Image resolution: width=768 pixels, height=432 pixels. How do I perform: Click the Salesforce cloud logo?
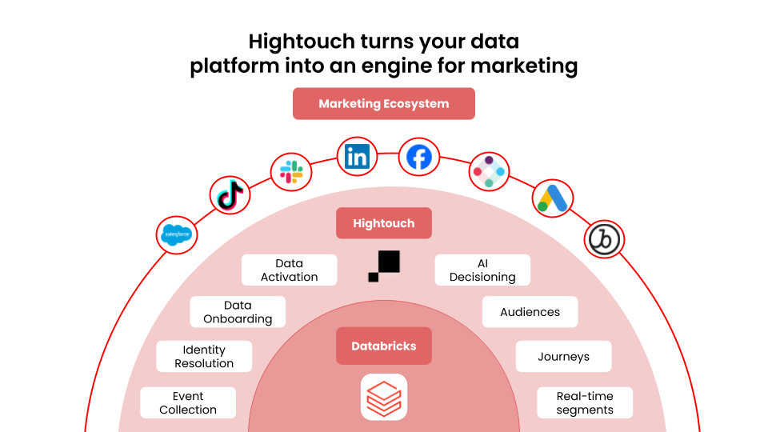pyautogui.click(x=177, y=235)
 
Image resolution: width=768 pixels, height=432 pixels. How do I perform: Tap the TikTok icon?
pyautogui.click(x=230, y=195)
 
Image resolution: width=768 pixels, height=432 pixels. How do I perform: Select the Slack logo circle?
pyautogui.click(x=291, y=172)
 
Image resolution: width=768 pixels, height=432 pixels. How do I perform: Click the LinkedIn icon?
pyautogui.click(x=357, y=157)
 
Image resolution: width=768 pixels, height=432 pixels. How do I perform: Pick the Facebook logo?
pyautogui.click(x=418, y=158)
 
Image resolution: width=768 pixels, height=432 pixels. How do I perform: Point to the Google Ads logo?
pyautogui.click(x=553, y=198)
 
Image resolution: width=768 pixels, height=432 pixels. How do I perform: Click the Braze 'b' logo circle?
pyautogui.click(x=604, y=239)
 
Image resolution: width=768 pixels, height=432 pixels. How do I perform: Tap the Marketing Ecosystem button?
pyautogui.click(x=384, y=104)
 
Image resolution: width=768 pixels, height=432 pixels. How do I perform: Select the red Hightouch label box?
pyautogui.click(x=384, y=223)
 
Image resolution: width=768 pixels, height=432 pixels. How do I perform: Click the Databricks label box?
pyautogui.click(x=384, y=346)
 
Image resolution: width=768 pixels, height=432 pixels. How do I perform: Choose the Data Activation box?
pyautogui.click(x=289, y=270)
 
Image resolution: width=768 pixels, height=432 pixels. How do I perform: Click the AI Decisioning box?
pyautogui.click(x=482, y=270)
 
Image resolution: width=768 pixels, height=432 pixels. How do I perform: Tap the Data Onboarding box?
pyautogui.click(x=238, y=312)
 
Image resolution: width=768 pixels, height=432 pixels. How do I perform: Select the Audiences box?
pyautogui.click(x=530, y=312)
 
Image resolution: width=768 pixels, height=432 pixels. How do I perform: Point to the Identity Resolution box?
pyautogui.click(x=204, y=357)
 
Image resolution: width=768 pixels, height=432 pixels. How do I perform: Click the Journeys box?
pyautogui.click(x=564, y=357)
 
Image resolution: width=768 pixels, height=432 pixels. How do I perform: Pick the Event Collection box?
pyautogui.click(x=188, y=402)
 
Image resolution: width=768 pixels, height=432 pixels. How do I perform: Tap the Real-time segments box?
pyautogui.click(x=585, y=402)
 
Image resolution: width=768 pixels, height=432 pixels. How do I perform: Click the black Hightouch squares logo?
pyautogui.click(x=384, y=266)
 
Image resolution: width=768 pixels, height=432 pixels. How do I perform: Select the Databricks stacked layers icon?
pyautogui.click(x=384, y=398)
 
